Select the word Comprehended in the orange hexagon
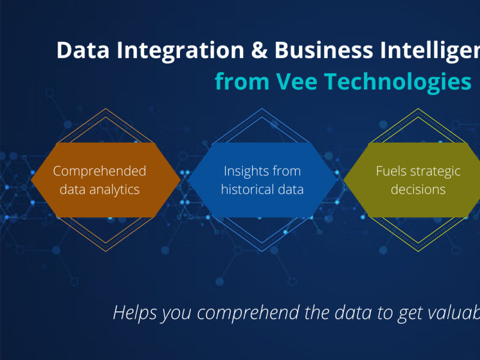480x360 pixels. [100, 171]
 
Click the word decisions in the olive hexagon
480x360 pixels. [418, 190]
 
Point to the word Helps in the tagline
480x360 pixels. [133, 313]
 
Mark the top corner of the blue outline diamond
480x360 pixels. [262, 109]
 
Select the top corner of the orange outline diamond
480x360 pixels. [106, 109]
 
